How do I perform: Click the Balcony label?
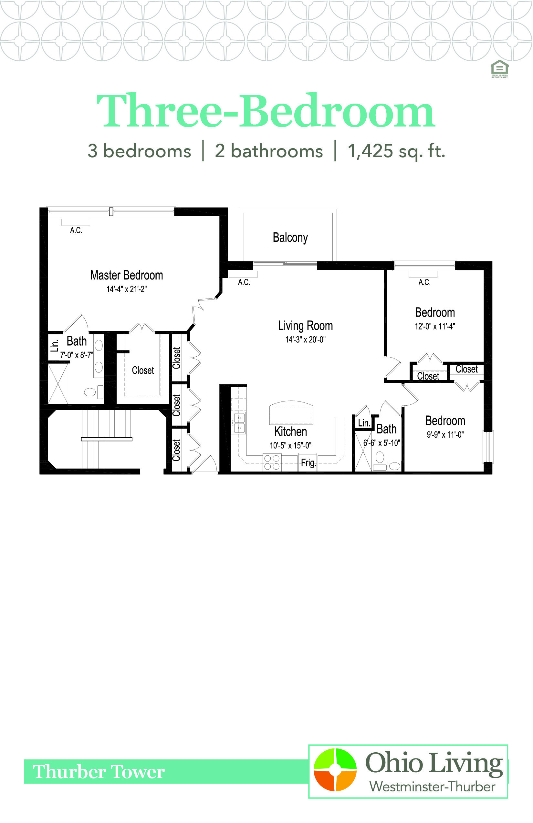pos(290,238)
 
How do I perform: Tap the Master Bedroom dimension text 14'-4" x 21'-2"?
pos(126,289)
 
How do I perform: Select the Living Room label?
pos(305,326)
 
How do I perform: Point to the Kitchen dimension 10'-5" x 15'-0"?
pos(290,445)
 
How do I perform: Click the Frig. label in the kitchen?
pos(308,463)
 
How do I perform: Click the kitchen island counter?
pos(291,412)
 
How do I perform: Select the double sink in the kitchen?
pos(239,423)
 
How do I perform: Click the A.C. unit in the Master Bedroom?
pos(76,222)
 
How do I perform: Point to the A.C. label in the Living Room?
pos(244,282)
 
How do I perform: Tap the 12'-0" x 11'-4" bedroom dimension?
pos(435,326)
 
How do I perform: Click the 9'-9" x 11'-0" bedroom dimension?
pos(445,434)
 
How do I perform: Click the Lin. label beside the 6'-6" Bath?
pos(364,423)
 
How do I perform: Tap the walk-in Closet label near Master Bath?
pos(142,371)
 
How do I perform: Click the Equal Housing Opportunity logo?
pos(499,68)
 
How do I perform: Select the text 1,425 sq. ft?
pos(396,151)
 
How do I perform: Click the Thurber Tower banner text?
pos(99,771)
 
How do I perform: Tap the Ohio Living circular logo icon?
pos(335,769)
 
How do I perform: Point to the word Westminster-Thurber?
pos(432,787)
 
